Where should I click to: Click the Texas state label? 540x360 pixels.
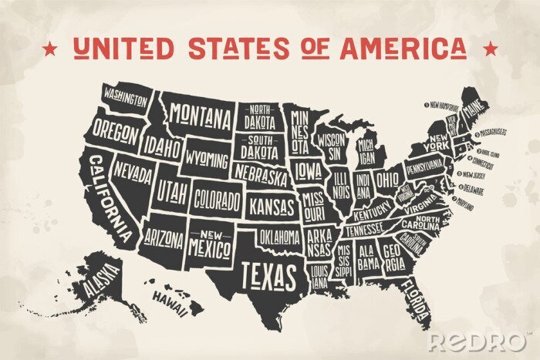point(268,274)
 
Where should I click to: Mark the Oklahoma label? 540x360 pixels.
point(278,235)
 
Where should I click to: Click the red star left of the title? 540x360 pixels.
point(50,49)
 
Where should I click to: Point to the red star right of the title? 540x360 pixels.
point(489,49)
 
